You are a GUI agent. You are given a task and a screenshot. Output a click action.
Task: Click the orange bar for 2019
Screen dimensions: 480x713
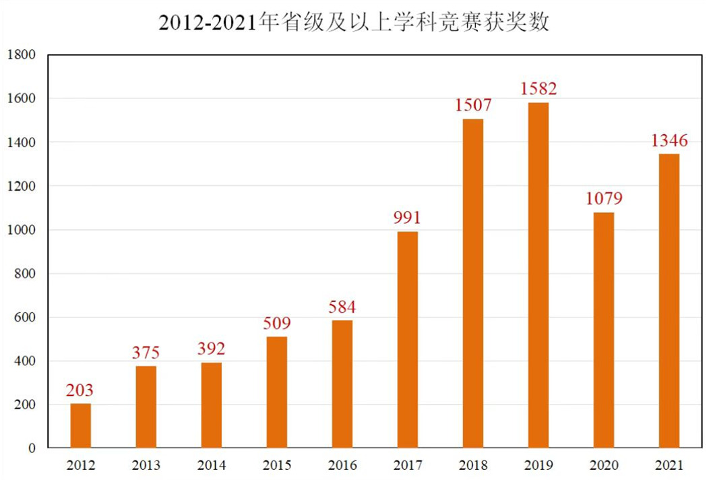[x=538, y=275]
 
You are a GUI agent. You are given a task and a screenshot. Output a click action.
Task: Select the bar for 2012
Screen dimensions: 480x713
[x=81, y=425]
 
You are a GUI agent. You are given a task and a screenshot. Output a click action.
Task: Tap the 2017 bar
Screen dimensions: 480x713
[x=407, y=340]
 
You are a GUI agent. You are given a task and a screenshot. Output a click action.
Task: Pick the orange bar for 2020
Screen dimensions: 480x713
[x=603, y=330]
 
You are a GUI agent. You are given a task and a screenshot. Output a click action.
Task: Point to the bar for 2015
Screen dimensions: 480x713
[x=276, y=392]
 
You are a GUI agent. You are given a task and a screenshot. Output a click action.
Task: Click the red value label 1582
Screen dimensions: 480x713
[x=538, y=88]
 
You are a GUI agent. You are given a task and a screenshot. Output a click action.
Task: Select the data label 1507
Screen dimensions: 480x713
[x=473, y=105]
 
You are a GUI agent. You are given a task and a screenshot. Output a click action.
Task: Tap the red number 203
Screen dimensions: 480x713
[x=80, y=390]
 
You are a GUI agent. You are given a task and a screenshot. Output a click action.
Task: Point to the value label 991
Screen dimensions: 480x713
[x=407, y=218]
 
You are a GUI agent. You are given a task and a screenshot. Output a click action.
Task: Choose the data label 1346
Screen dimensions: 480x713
[x=669, y=140]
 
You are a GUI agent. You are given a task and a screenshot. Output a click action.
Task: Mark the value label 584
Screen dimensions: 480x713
[x=342, y=307]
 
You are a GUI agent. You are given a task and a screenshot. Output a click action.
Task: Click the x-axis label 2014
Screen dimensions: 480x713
[x=211, y=466]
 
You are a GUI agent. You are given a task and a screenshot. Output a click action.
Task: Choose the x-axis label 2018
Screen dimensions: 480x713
[x=472, y=466]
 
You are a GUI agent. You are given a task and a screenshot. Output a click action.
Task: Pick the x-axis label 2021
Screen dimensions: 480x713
[x=669, y=466]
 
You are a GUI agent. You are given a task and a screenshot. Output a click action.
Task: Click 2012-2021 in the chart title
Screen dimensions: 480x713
[x=208, y=22]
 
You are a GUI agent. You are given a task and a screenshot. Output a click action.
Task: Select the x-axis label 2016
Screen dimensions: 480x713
[x=342, y=466]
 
